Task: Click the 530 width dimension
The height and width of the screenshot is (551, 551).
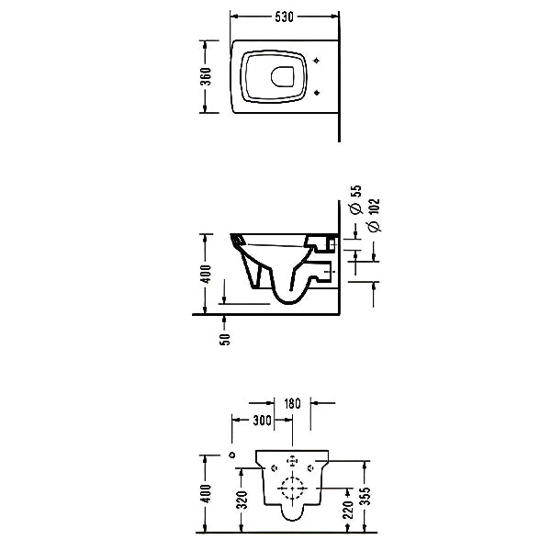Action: point(284,17)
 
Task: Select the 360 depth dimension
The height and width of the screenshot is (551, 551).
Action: point(206,76)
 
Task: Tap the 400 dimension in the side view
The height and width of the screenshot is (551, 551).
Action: point(206,274)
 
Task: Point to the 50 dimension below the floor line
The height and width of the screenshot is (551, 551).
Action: point(225,339)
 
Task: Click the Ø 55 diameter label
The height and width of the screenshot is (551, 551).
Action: point(356,199)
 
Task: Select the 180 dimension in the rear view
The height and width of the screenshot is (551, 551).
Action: point(292,403)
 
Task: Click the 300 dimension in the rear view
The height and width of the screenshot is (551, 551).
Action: point(262,420)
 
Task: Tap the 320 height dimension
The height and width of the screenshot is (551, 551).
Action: point(242,500)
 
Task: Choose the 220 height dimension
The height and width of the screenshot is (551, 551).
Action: point(347,510)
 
